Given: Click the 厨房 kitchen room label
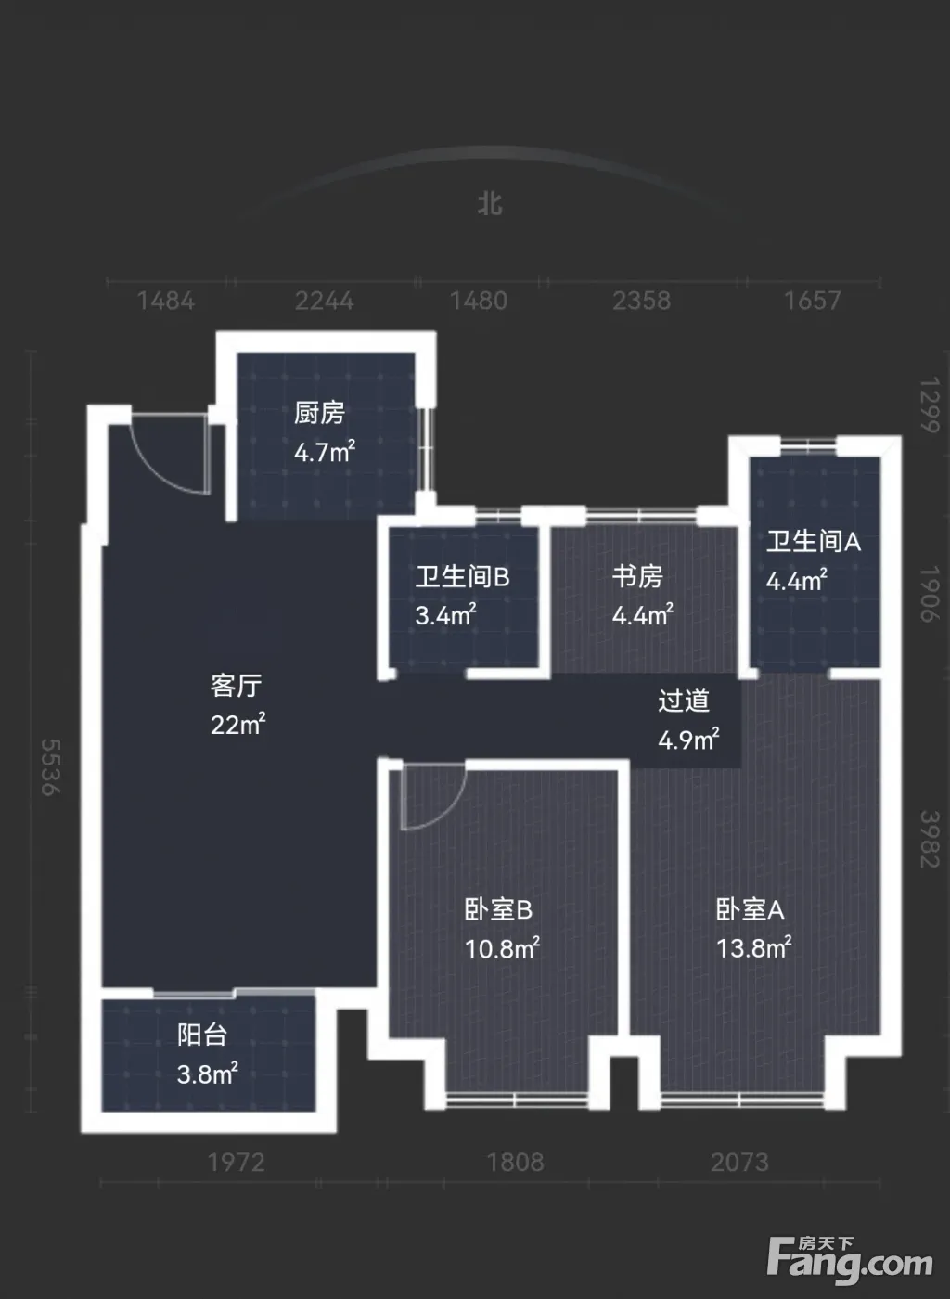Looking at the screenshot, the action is tap(319, 413).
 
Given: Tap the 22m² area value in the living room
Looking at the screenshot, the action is tap(237, 725).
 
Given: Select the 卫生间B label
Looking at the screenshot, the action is tap(462, 576).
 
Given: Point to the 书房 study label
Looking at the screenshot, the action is tap(637, 576).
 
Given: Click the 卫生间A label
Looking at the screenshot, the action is tap(813, 541).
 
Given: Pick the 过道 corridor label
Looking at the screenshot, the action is tap(683, 701).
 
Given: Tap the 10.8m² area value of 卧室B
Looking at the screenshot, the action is tap(502, 948).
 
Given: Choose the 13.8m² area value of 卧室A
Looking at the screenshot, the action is tap(754, 948).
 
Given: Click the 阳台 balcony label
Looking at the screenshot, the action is tap(202, 1035).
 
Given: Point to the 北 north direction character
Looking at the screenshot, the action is tap(490, 204).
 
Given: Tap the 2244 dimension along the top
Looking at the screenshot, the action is tap(324, 301).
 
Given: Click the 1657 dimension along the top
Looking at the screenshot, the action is tap(812, 301).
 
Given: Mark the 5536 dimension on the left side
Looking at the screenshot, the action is tap(51, 767).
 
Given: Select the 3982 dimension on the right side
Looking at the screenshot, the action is tap(930, 839).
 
